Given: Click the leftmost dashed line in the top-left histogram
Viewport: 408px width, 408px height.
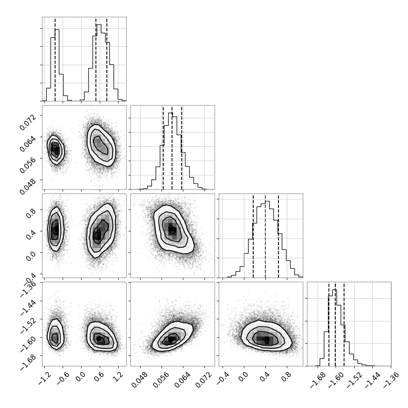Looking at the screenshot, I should click(55, 59).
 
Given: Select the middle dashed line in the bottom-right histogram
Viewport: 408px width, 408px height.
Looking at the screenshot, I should click(335, 324).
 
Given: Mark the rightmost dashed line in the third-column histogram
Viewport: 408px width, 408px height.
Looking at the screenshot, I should click(278, 236).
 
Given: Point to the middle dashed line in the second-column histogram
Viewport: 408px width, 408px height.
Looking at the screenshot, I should click(172, 147).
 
